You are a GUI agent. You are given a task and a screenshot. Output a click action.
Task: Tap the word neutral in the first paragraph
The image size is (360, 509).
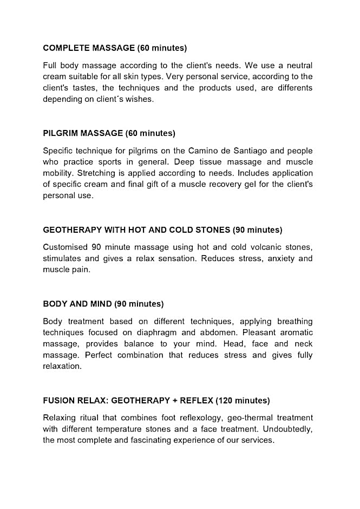coord(299,65)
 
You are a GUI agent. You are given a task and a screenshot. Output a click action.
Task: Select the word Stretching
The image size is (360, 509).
coord(97,173)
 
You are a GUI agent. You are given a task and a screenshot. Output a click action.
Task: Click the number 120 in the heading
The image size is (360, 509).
coord(227,400)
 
